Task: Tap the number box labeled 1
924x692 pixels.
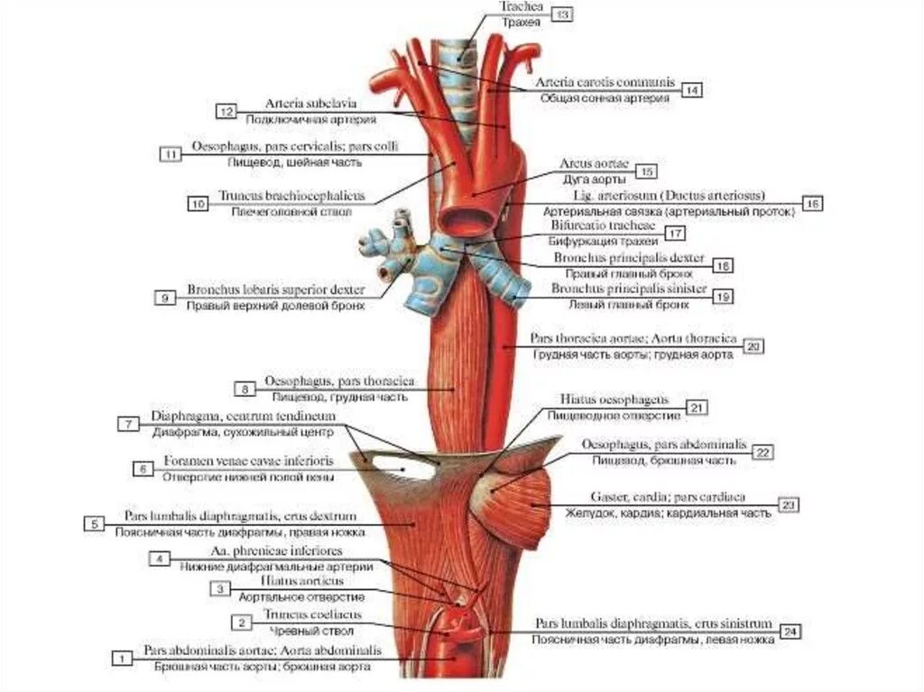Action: pyautogui.click(x=119, y=659)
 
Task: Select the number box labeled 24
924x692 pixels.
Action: pyautogui.click(x=790, y=631)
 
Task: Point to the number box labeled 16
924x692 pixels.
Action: pyautogui.click(x=812, y=204)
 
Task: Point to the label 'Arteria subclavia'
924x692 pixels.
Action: pyautogui.click(x=302, y=103)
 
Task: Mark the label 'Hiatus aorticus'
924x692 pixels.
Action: pyautogui.click(x=301, y=583)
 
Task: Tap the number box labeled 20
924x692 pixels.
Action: pyautogui.click(x=754, y=346)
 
